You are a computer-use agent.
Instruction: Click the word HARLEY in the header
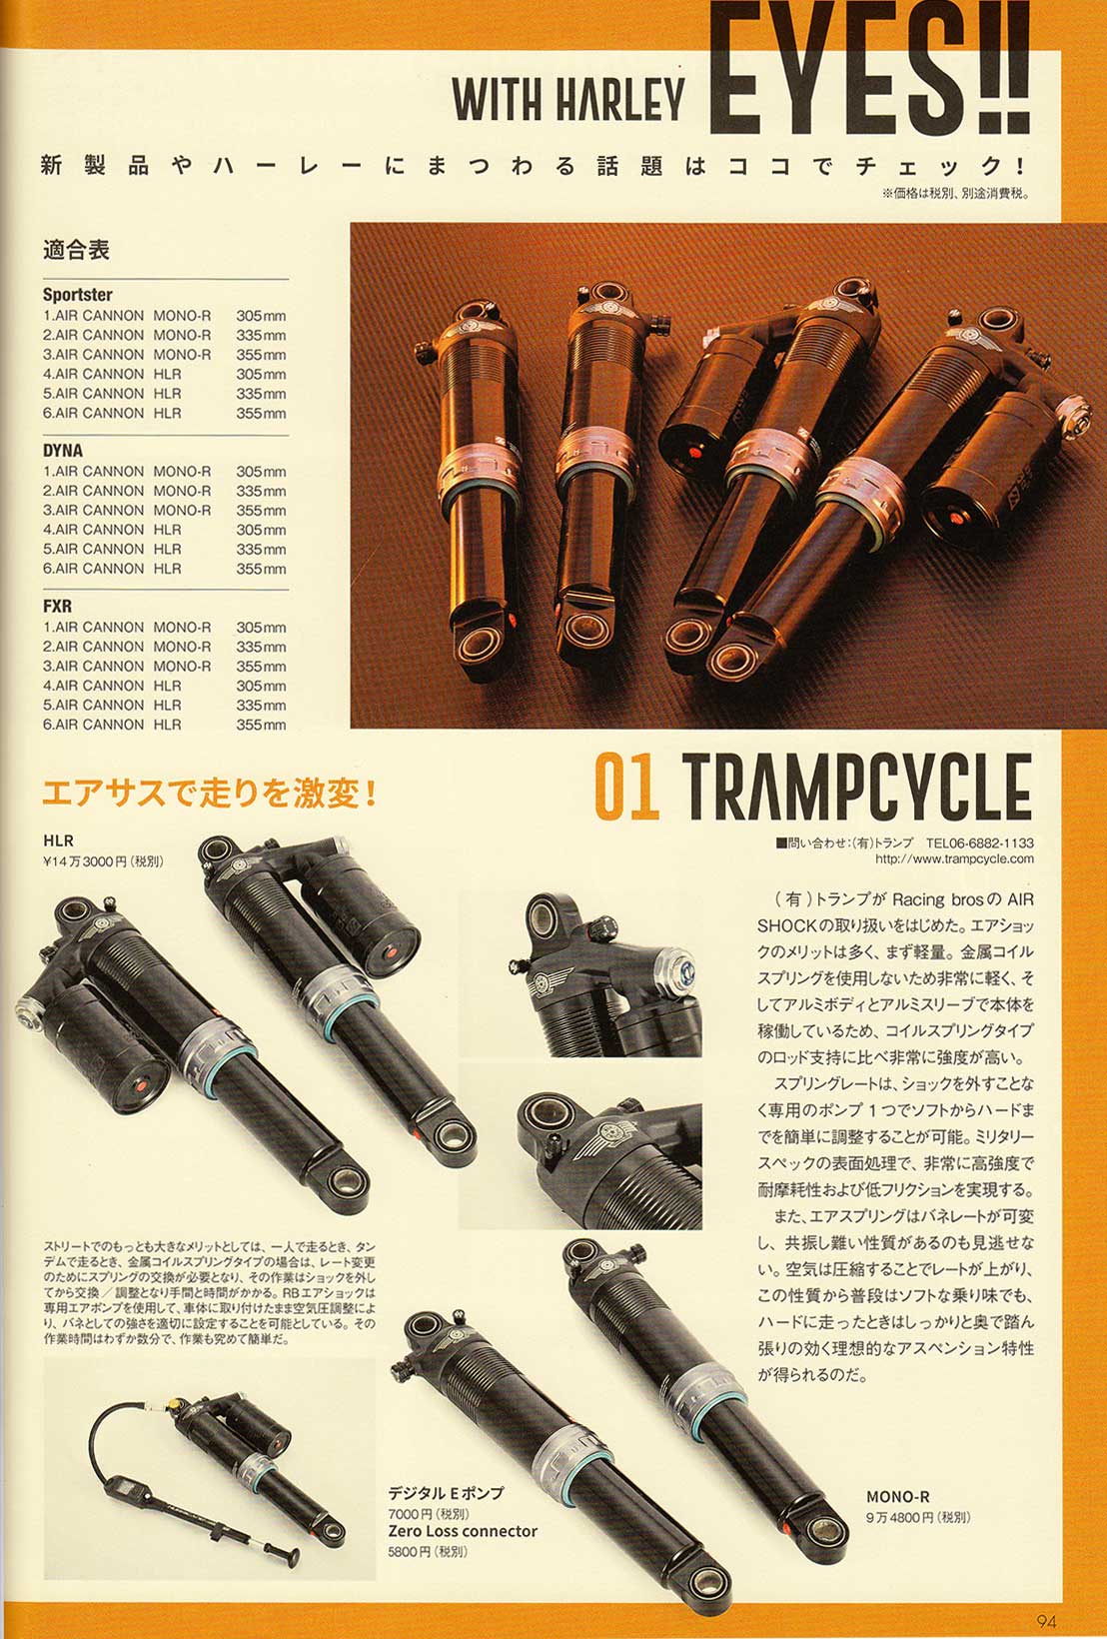(x=620, y=99)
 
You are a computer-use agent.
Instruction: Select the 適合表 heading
(x=76, y=250)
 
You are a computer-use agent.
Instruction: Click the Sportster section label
(x=78, y=295)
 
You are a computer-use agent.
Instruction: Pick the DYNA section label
(x=63, y=451)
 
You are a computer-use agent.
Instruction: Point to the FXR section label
(x=57, y=607)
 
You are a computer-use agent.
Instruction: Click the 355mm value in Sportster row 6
(x=261, y=414)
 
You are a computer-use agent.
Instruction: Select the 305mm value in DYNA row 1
(x=261, y=472)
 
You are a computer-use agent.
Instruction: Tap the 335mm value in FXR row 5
(x=261, y=706)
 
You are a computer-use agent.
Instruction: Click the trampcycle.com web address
(x=954, y=859)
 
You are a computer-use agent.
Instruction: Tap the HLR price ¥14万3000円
(x=103, y=861)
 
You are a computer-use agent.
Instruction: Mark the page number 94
(x=1046, y=1621)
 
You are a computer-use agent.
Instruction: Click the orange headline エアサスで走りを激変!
(x=210, y=794)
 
